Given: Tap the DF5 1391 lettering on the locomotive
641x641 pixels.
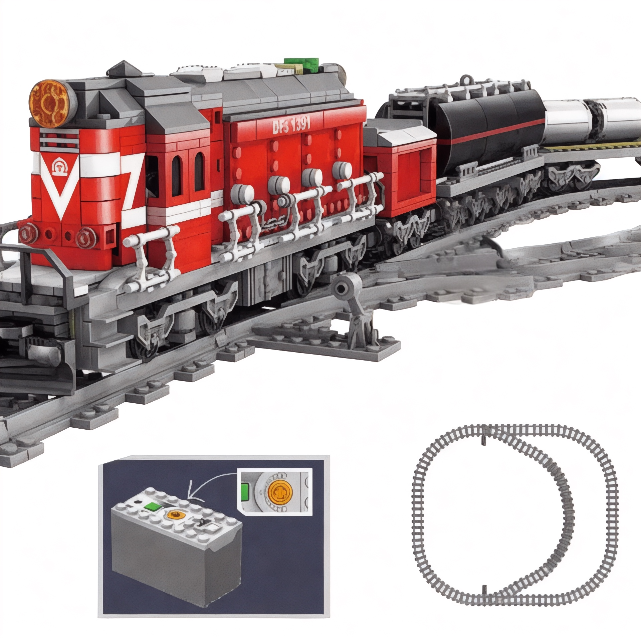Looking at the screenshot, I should tap(291, 126).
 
